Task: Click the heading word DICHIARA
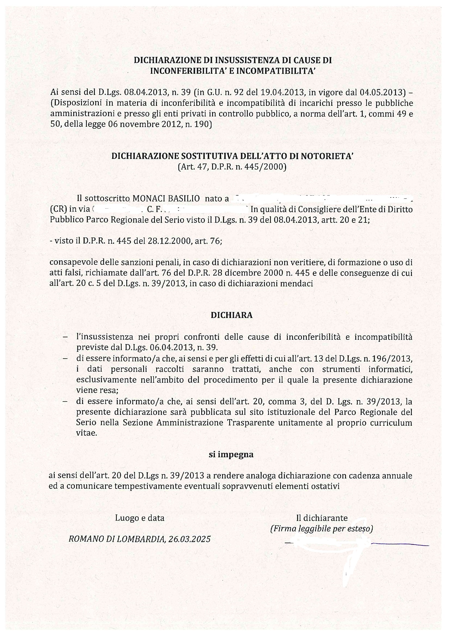coord(231,315)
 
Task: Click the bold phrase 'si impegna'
coord(231,455)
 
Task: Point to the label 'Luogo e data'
coord(140,518)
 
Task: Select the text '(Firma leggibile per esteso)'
coord(321,528)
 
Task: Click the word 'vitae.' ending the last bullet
coord(87,433)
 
